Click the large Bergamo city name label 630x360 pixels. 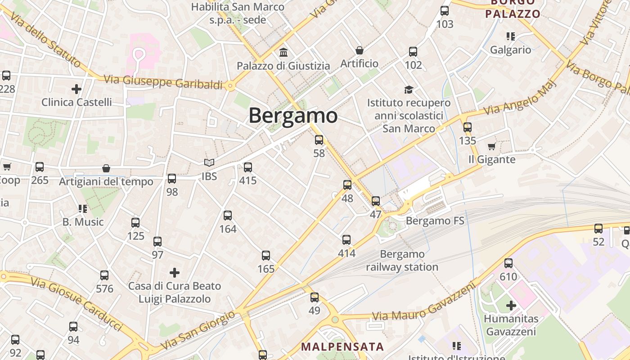(x=293, y=116)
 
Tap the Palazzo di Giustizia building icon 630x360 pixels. (x=283, y=52)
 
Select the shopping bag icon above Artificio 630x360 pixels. (x=359, y=50)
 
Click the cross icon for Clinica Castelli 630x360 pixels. (x=76, y=89)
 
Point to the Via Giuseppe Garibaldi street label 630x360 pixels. (x=163, y=82)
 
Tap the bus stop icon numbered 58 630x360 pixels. (x=319, y=140)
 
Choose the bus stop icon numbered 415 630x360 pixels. (x=248, y=167)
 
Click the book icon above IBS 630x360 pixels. (x=209, y=162)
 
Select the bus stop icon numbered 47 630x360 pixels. (x=376, y=201)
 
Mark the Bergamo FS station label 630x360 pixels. (x=435, y=221)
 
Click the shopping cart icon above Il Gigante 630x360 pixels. (x=491, y=146)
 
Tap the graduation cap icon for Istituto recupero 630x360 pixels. (x=409, y=90)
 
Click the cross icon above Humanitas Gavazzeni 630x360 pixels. (x=511, y=306)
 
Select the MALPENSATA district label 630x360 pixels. (x=342, y=347)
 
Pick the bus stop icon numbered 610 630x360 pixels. (x=508, y=263)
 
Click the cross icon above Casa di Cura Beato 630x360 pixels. (x=175, y=272)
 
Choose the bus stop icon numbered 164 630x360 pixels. (x=228, y=216)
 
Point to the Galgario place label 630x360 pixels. (x=511, y=49)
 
